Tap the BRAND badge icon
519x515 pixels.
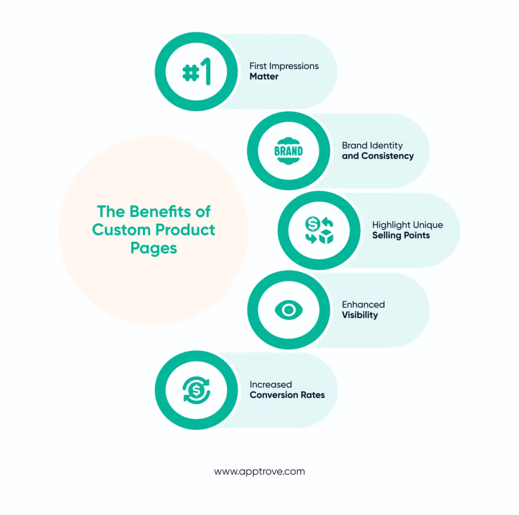tap(288, 151)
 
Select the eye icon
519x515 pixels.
tap(288, 310)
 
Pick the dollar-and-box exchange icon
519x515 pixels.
tap(319, 231)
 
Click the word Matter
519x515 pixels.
tap(264, 77)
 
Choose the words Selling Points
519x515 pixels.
tap(401, 235)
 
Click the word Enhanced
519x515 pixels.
tap(363, 304)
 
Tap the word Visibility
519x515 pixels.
tap(359, 315)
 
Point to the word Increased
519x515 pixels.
tap(271, 384)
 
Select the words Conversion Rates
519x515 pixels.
tap(287, 395)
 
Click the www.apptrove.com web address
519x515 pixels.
tap(259, 471)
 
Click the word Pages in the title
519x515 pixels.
tap(154, 248)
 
